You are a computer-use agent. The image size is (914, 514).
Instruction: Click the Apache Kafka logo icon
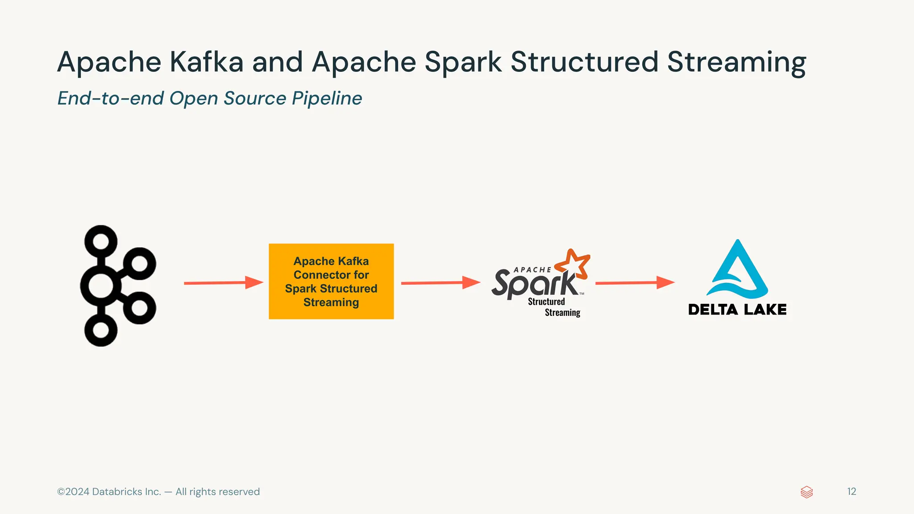[x=117, y=286]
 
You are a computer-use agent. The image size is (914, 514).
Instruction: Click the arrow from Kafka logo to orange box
[x=223, y=283]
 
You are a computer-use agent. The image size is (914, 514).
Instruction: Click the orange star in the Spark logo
[x=574, y=264]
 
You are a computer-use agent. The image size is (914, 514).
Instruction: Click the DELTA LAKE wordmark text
[x=737, y=310]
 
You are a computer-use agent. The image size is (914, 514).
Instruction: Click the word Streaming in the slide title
[x=736, y=62]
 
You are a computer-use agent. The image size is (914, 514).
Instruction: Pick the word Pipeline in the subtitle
[x=327, y=99]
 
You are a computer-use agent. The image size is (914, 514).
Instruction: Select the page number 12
[x=852, y=492]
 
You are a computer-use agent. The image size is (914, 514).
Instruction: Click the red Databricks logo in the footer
[x=806, y=492]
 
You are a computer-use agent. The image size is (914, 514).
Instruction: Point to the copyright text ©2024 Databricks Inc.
[x=109, y=492]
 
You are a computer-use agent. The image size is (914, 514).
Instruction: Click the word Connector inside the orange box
[x=331, y=275]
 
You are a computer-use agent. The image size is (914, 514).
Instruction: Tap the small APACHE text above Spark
[x=532, y=270]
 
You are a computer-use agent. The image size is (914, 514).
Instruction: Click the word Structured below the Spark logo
[x=546, y=302]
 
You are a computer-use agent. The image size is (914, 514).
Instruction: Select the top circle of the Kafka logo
[x=101, y=241]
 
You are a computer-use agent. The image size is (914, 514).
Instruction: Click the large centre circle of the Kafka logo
[x=101, y=286]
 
